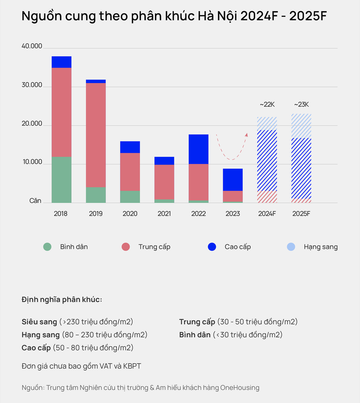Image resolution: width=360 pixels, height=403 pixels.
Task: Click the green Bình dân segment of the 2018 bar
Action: pyautogui.click(x=61, y=180)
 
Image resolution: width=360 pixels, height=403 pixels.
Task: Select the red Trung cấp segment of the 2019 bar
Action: pyautogui.click(x=96, y=135)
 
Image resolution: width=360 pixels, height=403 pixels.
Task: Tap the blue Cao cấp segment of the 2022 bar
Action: pyautogui.click(x=198, y=149)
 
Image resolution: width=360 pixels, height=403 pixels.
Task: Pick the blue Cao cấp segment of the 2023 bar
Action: pyautogui.click(x=233, y=179)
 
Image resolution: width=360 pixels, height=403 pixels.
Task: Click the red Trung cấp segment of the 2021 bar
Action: pyautogui.click(x=164, y=182)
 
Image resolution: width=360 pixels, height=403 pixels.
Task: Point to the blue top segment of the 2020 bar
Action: pyautogui.click(x=130, y=147)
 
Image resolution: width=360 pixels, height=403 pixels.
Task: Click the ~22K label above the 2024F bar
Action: pyautogui.click(x=267, y=104)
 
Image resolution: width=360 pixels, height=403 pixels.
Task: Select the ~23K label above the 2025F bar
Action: pyautogui.click(x=301, y=104)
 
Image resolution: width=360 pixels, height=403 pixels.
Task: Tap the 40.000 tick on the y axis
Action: pyautogui.click(x=32, y=47)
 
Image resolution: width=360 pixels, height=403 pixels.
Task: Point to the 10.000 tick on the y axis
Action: pyautogui.click(x=32, y=163)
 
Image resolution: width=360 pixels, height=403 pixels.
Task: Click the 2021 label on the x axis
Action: pyautogui.click(x=164, y=213)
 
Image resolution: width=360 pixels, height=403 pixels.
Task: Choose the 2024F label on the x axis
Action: pyautogui.click(x=267, y=213)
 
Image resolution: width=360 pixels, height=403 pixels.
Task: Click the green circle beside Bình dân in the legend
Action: pyautogui.click(x=47, y=247)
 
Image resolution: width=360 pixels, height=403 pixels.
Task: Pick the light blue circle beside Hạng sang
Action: pyautogui.click(x=291, y=247)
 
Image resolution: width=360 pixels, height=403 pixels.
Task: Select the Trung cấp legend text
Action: pyautogui.click(x=155, y=247)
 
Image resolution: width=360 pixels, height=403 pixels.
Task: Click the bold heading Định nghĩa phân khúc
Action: pyautogui.click(x=62, y=300)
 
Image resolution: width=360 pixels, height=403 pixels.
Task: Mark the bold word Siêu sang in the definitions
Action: pyautogui.click(x=39, y=321)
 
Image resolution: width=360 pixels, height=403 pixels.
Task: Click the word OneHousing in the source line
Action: pyautogui.click(x=241, y=387)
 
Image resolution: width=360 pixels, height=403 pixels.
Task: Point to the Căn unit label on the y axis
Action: pyautogui.click(x=35, y=201)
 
